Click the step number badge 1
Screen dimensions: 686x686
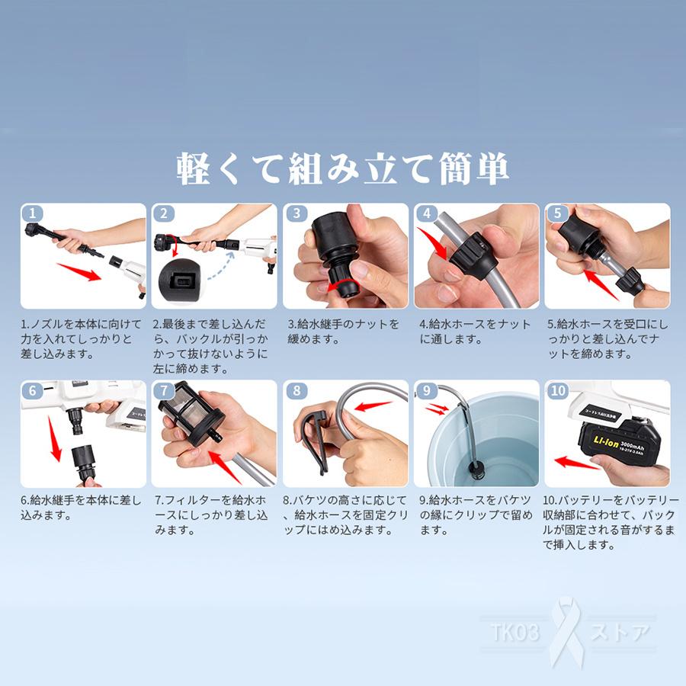tap(32, 213)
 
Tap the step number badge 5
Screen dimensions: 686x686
tap(557, 213)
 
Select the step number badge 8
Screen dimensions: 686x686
tap(297, 390)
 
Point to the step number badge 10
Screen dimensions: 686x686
tap(558, 390)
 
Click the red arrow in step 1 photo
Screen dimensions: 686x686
tap(79, 271)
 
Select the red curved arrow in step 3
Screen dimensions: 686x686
tap(344, 284)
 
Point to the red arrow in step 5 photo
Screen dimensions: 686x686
tap(601, 284)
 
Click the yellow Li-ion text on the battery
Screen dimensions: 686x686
tap(606, 442)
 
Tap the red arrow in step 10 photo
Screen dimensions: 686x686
tap(577, 463)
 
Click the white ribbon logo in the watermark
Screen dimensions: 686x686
tap(566, 631)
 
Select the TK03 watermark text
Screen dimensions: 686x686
tap(515, 632)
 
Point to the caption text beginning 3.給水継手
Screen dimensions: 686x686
tap(344, 332)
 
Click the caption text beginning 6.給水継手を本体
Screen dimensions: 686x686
tap(81, 507)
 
